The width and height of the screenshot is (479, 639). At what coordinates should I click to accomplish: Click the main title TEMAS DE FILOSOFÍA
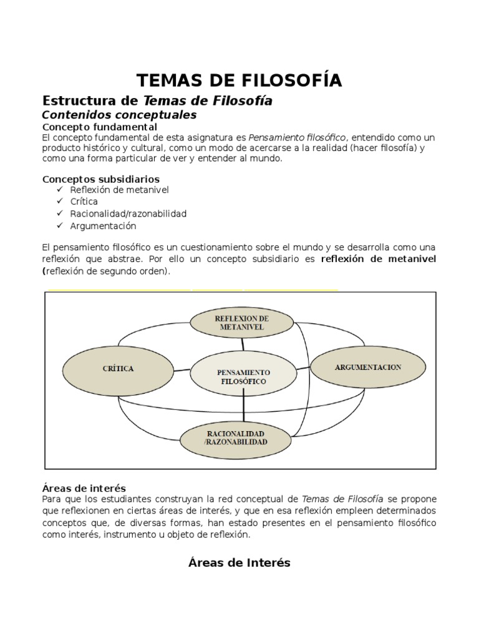(x=239, y=80)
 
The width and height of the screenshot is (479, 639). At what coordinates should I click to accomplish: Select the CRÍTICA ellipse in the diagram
(x=118, y=369)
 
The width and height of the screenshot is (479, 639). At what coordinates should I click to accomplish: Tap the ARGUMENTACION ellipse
(x=367, y=368)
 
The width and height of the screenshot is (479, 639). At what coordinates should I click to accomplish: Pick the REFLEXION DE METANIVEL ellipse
(x=241, y=323)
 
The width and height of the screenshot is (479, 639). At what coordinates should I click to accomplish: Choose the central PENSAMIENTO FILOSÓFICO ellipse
(x=243, y=376)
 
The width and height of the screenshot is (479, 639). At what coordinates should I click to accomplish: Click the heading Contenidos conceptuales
(x=119, y=115)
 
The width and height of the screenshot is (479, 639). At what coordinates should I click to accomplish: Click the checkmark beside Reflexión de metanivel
(x=59, y=189)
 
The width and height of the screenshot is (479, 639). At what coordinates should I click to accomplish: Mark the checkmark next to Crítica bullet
(x=59, y=201)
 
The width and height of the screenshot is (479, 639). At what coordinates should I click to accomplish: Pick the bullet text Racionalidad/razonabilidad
(x=128, y=213)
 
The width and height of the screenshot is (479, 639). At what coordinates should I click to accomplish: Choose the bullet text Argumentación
(x=104, y=226)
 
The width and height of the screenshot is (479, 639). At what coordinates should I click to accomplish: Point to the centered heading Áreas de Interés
(x=239, y=562)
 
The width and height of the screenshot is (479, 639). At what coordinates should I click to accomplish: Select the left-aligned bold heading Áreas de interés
(x=84, y=488)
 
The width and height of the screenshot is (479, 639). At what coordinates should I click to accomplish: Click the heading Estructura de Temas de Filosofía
(x=157, y=100)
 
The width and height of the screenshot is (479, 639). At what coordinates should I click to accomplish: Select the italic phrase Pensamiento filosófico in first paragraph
(x=296, y=137)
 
